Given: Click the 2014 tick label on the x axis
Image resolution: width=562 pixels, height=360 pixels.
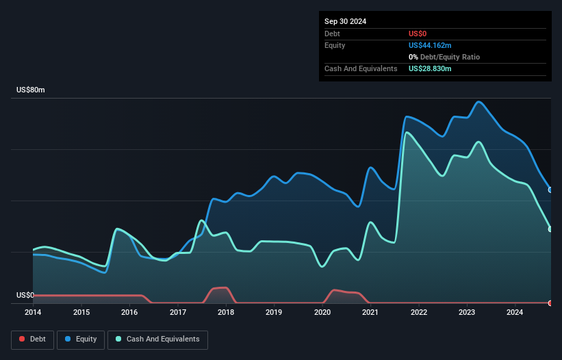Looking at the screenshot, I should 33,313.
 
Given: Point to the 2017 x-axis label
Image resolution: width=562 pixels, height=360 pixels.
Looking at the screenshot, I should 177,313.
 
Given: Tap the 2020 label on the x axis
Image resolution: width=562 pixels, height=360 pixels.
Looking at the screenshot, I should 322,313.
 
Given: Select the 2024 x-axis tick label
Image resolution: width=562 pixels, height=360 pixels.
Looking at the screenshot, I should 515,313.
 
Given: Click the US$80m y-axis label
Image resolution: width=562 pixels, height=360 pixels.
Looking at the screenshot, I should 30,90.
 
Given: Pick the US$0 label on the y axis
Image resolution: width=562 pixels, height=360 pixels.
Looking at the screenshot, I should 25,296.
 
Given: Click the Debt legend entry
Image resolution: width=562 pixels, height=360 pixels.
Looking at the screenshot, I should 34,339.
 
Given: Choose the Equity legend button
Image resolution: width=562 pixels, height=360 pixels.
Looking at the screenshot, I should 81,339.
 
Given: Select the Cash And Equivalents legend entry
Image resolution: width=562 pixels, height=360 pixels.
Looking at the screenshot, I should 157,339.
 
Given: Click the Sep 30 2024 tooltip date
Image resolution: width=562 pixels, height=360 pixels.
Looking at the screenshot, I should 346,21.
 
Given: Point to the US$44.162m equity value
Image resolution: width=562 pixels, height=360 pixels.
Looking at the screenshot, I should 430,45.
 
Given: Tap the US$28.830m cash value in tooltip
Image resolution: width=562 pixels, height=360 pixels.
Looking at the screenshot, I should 430,69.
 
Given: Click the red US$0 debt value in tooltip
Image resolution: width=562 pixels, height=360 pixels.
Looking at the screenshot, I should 418,34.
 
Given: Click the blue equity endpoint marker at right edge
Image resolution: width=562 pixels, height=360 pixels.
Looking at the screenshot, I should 550,190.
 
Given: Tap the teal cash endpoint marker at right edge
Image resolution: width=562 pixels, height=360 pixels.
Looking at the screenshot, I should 550,229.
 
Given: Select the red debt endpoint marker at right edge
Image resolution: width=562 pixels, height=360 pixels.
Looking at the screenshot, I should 550,303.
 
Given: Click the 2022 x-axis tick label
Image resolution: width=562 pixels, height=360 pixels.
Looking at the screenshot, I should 419,313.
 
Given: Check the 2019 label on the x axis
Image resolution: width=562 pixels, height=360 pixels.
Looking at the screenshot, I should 274,313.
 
